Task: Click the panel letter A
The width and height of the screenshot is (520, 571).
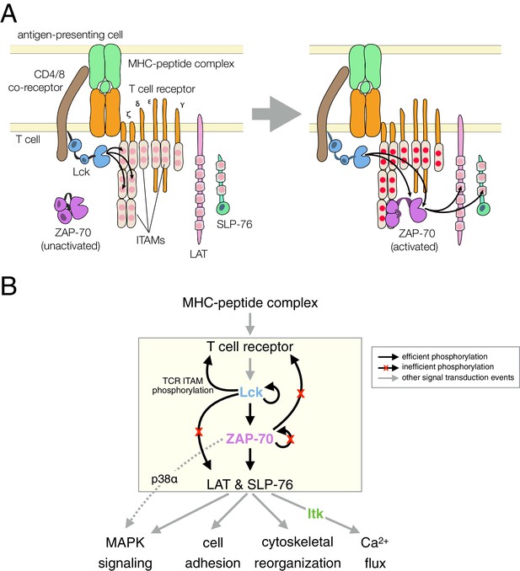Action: click(x=8, y=13)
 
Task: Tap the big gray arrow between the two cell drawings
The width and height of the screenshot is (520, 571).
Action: click(x=276, y=114)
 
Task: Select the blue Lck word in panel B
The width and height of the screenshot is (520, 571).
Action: click(x=251, y=392)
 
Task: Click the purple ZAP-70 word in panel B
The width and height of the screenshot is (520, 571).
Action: click(x=249, y=439)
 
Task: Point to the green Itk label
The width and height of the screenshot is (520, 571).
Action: click(x=315, y=514)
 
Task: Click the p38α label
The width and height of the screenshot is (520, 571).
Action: click(x=164, y=479)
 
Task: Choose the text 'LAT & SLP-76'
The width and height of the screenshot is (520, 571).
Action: click(x=249, y=484)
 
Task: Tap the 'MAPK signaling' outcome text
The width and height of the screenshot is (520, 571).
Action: click(x=125, y=552)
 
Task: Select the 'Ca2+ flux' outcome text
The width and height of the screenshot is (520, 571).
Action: click(x=375, y=552)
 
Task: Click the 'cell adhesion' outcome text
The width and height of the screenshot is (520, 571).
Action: click(x=212, y=552)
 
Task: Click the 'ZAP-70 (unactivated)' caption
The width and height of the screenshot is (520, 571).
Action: click(x=71, y=239)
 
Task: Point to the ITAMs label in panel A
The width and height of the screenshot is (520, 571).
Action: click(x=151, y=240)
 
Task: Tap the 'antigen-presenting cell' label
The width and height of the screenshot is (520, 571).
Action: click(x=70, y=35)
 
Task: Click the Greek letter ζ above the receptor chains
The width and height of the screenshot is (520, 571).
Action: click(x=128, y=115)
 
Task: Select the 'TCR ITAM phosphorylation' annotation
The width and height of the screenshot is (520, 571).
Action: click(x=183, y=386)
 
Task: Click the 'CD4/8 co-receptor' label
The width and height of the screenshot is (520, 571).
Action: click(x=36, y=81)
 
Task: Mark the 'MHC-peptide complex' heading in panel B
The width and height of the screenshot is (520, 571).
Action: click(x=250, y=303)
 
